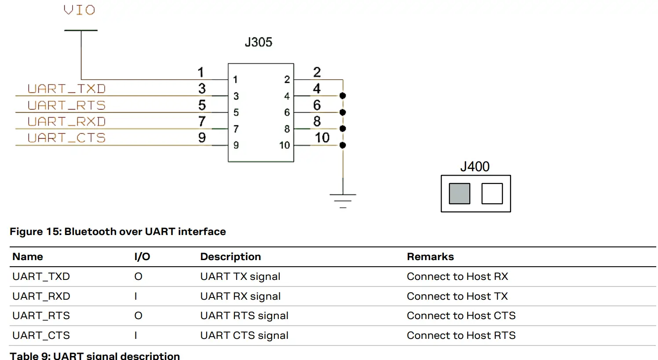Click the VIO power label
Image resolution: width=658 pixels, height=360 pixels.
(79, 10)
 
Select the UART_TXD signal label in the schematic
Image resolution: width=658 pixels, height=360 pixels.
(66, 89)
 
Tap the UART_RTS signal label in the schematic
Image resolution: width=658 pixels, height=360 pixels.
(66, 106)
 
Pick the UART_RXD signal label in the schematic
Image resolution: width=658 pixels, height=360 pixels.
(66, 121)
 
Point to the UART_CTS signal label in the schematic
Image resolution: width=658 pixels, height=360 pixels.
(66, 138)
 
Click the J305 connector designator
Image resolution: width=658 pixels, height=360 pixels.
(258, 42)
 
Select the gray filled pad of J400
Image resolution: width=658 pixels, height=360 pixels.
(459, 194)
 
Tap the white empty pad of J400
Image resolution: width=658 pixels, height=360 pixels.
(492, 194)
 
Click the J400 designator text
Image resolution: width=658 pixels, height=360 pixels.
(475, 167)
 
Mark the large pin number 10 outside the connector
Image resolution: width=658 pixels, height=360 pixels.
(322, 138)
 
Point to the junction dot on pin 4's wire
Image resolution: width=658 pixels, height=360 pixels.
(343, 96)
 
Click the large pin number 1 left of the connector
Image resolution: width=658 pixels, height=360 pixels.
(201, 72)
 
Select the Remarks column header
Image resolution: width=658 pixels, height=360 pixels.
(430, 257)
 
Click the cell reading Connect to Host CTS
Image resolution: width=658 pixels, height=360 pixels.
(461, 316)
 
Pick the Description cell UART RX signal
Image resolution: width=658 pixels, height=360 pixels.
(240, 296)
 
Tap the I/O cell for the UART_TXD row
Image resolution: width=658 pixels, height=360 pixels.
(138, 276)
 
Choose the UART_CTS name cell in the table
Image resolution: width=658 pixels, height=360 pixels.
(41, 335)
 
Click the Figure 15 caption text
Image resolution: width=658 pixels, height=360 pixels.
(118, 231)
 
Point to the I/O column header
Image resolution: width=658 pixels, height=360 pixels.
(142, 257)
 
